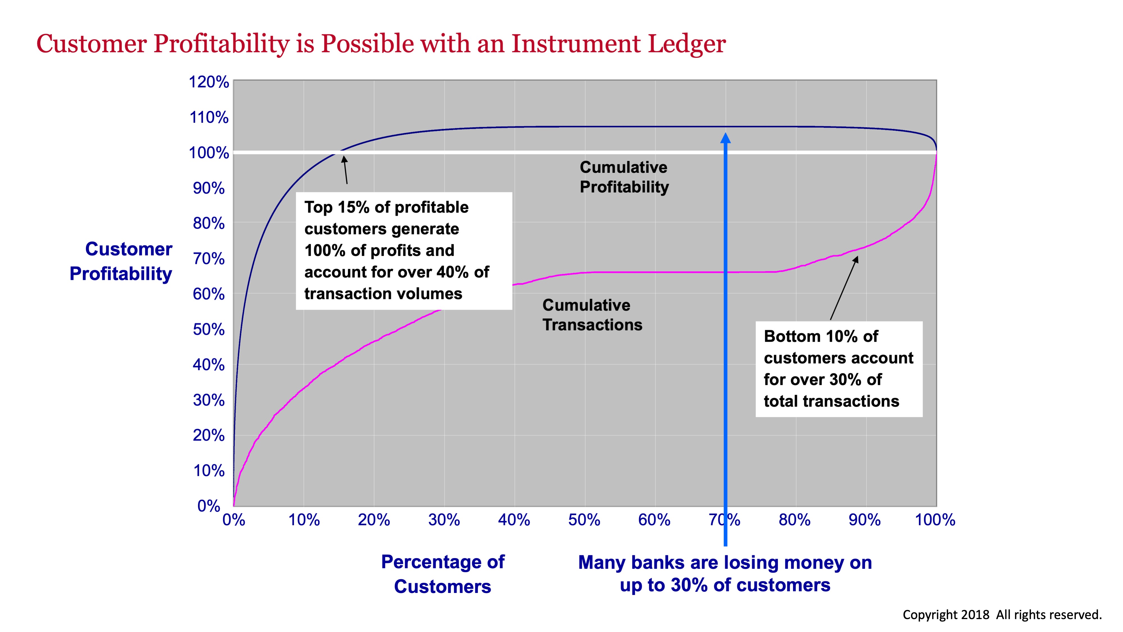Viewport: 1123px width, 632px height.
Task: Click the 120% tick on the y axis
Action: point(208,82)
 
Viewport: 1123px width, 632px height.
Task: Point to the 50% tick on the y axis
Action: point(208,329)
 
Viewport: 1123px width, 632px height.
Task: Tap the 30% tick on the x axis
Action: point(444,520)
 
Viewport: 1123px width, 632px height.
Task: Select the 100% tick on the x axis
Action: point(935,520)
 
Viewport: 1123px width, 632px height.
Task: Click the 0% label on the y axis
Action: point(208,506)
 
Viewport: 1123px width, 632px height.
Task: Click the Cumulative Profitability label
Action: point(624,177)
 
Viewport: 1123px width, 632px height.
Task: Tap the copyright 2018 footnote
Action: point(1002,615)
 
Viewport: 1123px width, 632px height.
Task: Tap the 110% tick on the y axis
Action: point(208,117)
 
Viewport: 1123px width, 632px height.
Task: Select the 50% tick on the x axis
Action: point(584,520)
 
